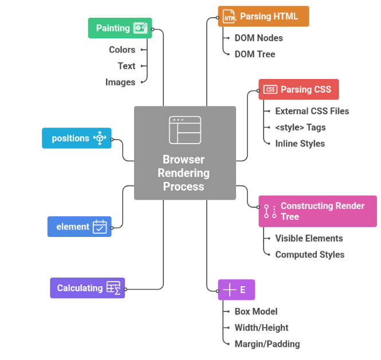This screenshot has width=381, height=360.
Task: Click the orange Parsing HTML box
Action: (263, 17)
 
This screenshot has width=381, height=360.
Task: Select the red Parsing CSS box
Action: (298, 89)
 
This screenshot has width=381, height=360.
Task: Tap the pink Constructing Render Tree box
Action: (317, 211)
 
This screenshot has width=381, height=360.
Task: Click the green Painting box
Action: (120, 28)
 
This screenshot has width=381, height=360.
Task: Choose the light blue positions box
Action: (76, 138)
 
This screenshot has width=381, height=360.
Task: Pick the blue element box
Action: (79, 227)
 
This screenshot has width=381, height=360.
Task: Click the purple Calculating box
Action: (87, 288)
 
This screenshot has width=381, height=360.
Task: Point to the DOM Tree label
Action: (254, 54)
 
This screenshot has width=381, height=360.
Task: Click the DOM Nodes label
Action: (258, 38)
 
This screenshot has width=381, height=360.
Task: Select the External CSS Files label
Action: (312, 111)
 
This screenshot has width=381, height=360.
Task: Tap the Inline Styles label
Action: (300, 144)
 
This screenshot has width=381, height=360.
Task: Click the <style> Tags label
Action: (300, 128)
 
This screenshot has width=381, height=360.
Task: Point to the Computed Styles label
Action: (309, 255)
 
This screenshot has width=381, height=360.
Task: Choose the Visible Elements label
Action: (309, 239)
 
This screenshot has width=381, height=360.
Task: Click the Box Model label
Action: (256, 311)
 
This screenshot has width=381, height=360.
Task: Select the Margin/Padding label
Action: (267, 344)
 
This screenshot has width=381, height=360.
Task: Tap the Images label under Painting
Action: (120, 82)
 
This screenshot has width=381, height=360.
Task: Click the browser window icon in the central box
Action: (184, 130)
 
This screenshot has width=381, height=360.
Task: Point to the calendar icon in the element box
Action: (100, 227)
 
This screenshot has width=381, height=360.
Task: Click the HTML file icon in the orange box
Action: (229, 17)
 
